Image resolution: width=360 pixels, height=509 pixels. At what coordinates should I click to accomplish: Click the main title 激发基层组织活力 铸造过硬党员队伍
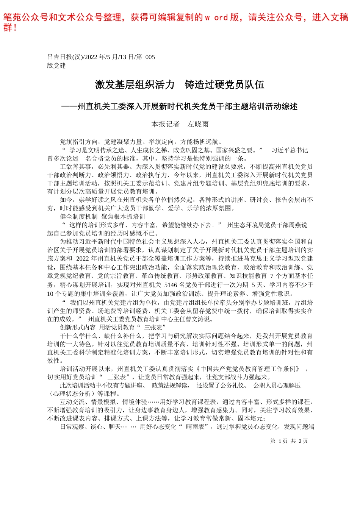[180, 85]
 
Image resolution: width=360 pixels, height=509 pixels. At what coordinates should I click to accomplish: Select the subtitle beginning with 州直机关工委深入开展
[188, 107]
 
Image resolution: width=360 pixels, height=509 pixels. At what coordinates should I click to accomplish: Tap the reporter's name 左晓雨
[198, 124]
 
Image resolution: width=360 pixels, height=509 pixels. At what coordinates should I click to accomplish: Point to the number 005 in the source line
[150, 57]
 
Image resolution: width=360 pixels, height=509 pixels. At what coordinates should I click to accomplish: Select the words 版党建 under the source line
[56, 66]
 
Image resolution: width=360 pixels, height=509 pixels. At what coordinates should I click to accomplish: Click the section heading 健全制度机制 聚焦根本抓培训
[102, 217]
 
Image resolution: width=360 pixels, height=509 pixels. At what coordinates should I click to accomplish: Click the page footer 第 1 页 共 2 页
[289, 441]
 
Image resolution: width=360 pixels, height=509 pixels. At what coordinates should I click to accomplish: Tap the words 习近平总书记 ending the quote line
[290, 150]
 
